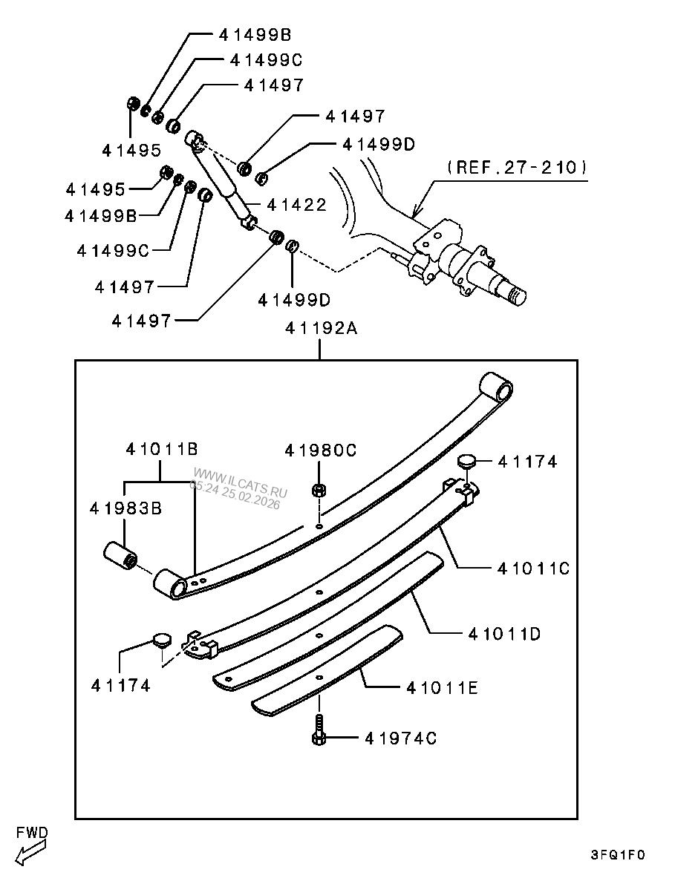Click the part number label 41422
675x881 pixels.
(296, 205)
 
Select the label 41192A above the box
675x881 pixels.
(319, 327)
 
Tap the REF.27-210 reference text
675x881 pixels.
(517, 167)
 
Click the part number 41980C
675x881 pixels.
(321, 451)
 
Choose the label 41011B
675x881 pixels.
(161, 449)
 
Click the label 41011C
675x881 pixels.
(533, 569)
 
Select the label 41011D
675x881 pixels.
(504, 634)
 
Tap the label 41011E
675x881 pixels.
(442, 688)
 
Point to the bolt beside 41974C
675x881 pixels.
(319, 731)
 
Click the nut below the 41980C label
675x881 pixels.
(319, 490)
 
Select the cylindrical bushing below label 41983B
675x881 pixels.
(120, 557)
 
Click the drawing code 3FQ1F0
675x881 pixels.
(618, 854)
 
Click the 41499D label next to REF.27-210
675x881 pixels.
(379, 144)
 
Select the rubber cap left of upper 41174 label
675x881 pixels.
(466, 461)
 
